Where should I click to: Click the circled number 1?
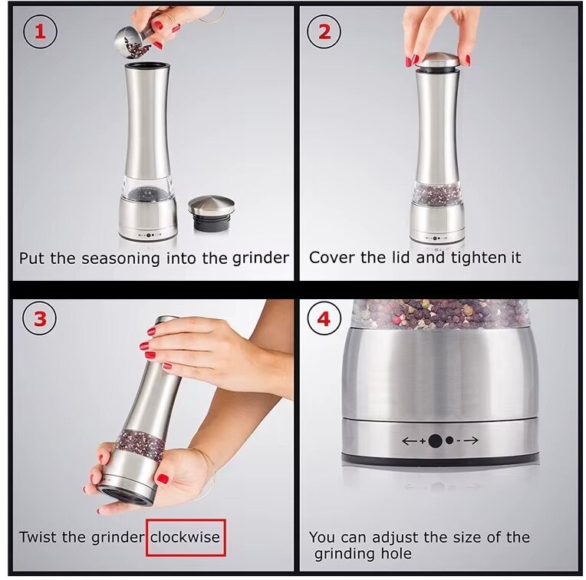[x=41, y=31]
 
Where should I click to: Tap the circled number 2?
[x=324, y=31]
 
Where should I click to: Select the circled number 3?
[x=40, y=319]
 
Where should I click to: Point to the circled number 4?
[x=324, y=319]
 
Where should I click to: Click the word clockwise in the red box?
[x=186, y=537]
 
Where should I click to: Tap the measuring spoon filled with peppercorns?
[x=133, y=43]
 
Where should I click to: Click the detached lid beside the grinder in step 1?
[x=211, y=214]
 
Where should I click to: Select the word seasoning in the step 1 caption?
[x=120, y=259]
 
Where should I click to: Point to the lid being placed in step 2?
[x=437, y=62]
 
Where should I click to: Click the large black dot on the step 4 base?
[x=435, y=441]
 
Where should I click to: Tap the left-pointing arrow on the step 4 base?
[x=410, y=441]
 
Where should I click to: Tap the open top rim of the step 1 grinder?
[x=146, y=67]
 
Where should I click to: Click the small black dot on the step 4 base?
[x=449, y=440]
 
